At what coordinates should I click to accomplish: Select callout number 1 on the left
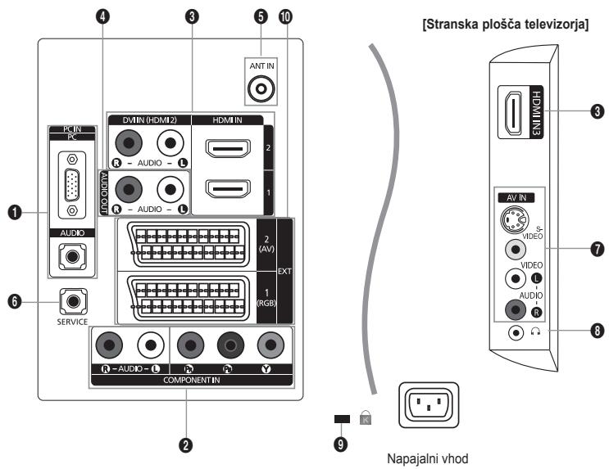tap(16, 214)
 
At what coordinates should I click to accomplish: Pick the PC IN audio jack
tap(73, 255)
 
